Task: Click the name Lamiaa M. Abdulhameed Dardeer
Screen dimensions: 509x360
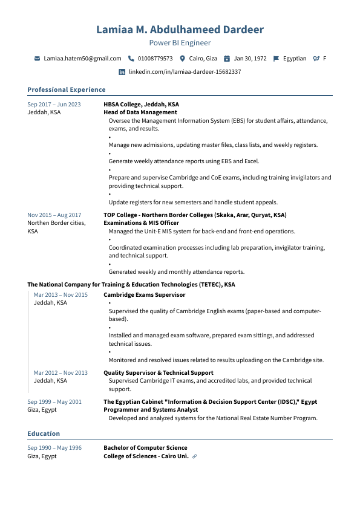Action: coord(180,30)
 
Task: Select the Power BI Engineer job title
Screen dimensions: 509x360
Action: coord(180,43)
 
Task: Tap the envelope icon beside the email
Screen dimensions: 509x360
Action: coord(38,59)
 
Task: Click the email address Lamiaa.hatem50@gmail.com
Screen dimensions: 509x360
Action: coord(83,59)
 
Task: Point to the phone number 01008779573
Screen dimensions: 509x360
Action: coord(155,59)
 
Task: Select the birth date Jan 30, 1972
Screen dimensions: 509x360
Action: coord(250,59)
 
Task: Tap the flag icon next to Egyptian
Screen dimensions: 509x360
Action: coord(276,59)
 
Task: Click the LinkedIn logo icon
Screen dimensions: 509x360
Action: coord(122,72)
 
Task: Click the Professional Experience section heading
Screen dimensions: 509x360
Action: coord(67,89)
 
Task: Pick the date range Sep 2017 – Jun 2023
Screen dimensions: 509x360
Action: coord(54,105)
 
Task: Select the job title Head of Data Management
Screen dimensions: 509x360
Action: coord(140,112)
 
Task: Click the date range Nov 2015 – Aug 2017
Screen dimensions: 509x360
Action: coord(54,215)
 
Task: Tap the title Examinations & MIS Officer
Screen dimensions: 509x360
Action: coord(142,223)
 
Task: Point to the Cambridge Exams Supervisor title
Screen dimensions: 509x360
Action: coord(145,295)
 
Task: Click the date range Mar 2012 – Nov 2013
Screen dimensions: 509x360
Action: coord(61,373)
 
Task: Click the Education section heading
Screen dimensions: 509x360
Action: coord(44,433)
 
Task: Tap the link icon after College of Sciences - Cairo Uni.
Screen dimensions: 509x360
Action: coord(194,456)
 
